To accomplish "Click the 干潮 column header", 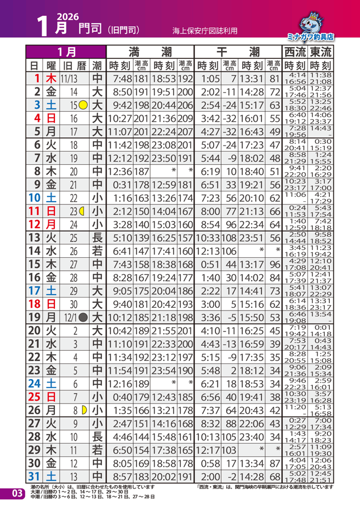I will [x=239, y=52].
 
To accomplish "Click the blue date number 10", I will [x=34, y=197].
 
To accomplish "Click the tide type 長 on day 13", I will [x=97, y=237].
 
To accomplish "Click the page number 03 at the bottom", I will [x=16, y=494].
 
